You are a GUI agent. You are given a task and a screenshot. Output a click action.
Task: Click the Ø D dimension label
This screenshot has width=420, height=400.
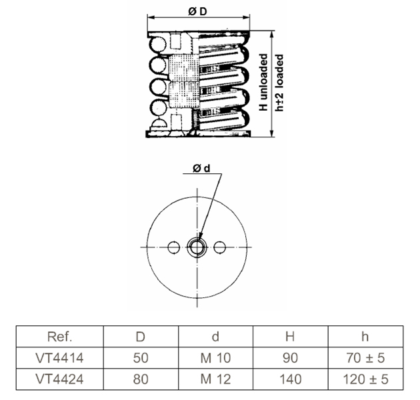[x=198, y=11]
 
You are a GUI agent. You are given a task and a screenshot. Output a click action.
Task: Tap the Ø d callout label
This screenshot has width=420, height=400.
[x=201, y=168]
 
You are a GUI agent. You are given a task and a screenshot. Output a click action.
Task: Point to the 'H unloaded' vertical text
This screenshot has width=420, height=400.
[x=263, y=83]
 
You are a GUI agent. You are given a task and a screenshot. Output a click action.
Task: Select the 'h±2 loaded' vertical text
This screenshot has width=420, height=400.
[x=279, y=83]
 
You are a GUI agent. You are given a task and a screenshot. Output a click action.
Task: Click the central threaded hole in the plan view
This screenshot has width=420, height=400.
[x=197, y=247]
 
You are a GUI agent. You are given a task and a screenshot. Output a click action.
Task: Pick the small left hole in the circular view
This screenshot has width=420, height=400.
[x=173, y=247]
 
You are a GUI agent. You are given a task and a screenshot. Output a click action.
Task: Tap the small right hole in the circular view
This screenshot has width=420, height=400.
[x=220, y=247]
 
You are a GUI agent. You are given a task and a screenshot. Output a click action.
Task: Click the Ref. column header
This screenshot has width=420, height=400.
[x=60, y=337]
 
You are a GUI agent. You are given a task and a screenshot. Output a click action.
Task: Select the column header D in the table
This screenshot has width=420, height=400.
[x=141, y=337]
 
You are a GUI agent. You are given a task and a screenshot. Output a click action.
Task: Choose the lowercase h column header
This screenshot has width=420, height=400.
[x=365, y=337]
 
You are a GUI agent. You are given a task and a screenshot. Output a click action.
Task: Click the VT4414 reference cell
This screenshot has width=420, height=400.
[x=59, y=358]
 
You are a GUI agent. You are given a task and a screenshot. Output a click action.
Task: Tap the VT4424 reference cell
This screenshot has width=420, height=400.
[x=59, y=379]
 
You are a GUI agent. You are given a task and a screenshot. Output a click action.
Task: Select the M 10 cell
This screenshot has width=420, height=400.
[x=215, y=358]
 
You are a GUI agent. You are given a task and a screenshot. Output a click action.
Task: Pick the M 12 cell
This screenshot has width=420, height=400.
[x=215, y=379]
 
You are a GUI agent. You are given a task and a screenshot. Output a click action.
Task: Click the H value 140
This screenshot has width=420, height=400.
[x=291, y=379]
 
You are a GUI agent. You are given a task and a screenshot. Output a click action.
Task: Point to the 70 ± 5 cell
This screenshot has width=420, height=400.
[x=365, y=358]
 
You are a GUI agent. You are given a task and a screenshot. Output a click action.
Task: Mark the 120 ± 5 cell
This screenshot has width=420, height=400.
[x=365, y=379]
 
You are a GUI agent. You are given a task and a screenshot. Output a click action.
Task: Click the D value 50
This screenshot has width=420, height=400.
[x=141, y=358]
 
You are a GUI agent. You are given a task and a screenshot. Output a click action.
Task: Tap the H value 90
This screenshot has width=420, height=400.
[x=291, y=358]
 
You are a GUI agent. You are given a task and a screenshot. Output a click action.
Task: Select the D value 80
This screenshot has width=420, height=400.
[x=141, y=379]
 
